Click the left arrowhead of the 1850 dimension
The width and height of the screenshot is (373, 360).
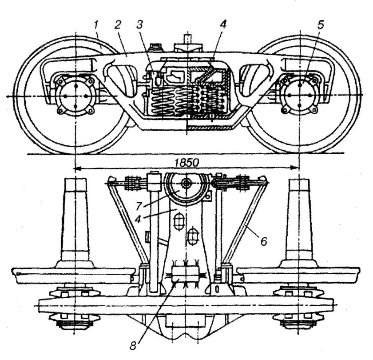77,168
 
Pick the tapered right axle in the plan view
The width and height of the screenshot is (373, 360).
301,222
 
